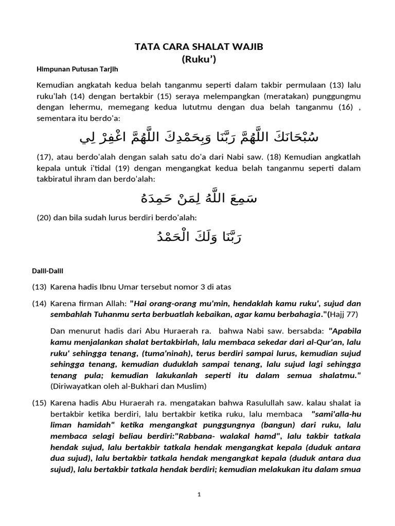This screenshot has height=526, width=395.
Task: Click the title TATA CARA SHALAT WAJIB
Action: click(199, 47)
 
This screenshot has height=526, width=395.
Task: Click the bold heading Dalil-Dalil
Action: click(49, 270)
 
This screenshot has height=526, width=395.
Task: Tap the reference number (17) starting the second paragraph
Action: click(45, 158)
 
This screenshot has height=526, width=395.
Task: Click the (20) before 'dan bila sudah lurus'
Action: click(45, 217)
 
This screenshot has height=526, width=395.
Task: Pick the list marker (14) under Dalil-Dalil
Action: click(40, 303)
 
